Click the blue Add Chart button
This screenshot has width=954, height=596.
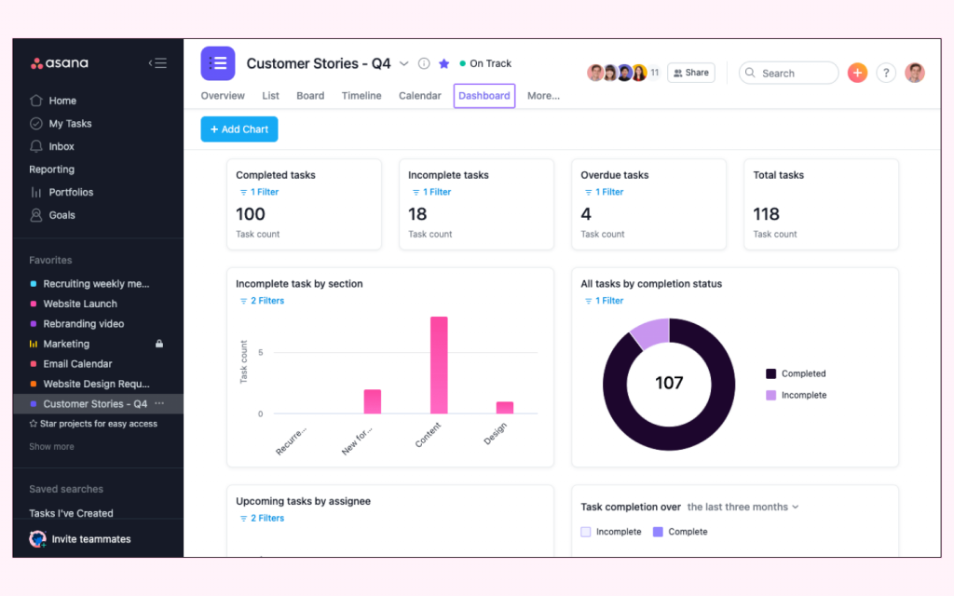239,129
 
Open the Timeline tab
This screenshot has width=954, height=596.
361,96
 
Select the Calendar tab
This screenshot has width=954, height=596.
419,96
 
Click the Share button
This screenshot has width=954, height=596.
691,73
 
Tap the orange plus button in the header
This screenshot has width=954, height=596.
857,73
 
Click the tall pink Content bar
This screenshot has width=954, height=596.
439,365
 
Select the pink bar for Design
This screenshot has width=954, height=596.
505,408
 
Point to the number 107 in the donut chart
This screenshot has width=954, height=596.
669,383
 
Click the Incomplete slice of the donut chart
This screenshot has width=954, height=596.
649,332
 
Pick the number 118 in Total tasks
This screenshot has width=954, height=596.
767,214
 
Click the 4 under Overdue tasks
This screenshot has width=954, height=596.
586,214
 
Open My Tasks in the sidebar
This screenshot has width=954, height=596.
70,124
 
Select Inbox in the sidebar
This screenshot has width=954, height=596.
61,146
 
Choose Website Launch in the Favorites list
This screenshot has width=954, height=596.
80,304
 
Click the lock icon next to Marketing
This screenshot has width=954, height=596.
159,344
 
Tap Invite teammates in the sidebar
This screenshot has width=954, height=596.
90,539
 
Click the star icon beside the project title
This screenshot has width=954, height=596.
444,63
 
